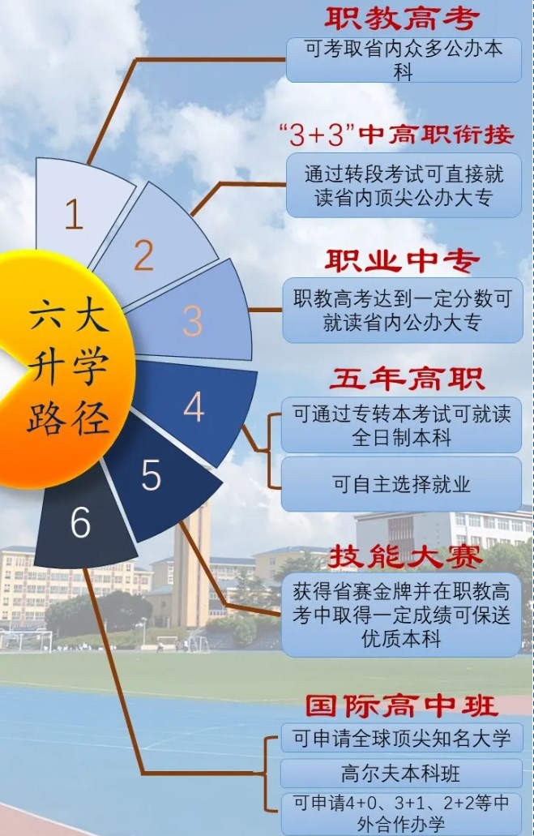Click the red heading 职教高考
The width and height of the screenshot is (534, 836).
point(402,19)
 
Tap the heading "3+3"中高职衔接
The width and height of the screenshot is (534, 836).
point(396,135)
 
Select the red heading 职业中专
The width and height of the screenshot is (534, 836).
point(402,261)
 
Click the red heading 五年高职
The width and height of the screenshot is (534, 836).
point(407,379)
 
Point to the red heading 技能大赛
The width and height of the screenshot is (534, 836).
point(405,557)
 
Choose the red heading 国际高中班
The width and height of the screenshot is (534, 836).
point(402,706)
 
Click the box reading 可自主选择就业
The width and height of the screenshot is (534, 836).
point(401,484)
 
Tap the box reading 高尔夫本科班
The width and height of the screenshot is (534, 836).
point(401,773)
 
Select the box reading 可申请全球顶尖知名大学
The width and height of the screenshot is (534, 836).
point(402,738)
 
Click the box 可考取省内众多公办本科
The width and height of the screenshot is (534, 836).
point(404,60)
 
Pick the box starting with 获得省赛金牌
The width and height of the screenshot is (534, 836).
point(401,615)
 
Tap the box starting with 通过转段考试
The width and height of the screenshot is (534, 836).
point(404,186)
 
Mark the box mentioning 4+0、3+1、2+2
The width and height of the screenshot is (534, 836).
point(401,813)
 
